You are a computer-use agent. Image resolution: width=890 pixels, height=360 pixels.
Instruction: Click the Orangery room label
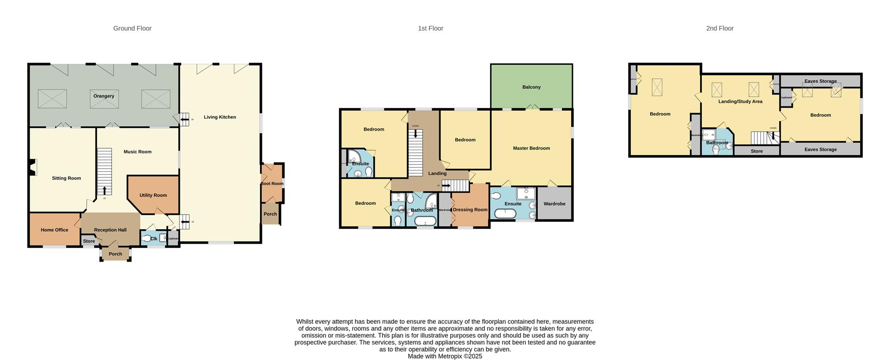pyautogui.click(x=103, y=96)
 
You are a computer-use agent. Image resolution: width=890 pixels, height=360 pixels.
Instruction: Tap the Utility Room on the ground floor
pyautogui.click(x=153, y=195)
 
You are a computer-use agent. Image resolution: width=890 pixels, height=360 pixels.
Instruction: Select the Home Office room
pyautogui.click(x=54, y=230)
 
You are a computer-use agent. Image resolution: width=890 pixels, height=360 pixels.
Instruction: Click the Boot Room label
pyautogui.click(x=272, y=183)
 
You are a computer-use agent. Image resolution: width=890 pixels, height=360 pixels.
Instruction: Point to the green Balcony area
pyautogui.click(x=531, y=87)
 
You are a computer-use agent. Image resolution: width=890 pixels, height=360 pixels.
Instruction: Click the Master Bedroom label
pyautogui.click(x=531, y=148)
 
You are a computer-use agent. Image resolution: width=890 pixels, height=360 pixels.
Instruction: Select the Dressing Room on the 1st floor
pyautogui.click(x=470, y=210)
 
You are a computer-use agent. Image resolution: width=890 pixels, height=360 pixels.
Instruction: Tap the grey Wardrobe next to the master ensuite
pyautogui.click(x=554, y=204)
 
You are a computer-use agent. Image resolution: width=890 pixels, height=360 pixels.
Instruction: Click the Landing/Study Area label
pyautogui.click(x=740, y=101)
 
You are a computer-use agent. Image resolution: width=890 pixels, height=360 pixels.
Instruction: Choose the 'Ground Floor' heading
pyautogui.click(x=132, y=28)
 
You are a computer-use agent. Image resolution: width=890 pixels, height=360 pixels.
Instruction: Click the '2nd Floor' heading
pyautogui.click(x=719, y=28)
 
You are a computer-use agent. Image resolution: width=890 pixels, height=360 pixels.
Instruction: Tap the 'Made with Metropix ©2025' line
pyautogui.click(x=445, y=356)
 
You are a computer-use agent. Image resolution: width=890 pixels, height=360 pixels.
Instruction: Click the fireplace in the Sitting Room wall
pyautogui.click(x=32, y=167)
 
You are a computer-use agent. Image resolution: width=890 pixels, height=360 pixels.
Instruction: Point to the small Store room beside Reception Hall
pyautogui.click(x=89, y=241)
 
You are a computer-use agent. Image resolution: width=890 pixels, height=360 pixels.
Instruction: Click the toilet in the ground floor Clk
pyautogui.click(x=146, y=239)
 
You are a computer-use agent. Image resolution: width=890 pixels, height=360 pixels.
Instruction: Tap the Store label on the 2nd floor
pyautogui.click(x=756, y=151)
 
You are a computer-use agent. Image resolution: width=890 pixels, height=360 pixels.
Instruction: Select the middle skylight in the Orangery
pyautogui.click(x=104, y=99)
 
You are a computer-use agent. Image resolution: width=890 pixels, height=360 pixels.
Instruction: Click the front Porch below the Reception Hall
pyautogui.click(x=115, y=254)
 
